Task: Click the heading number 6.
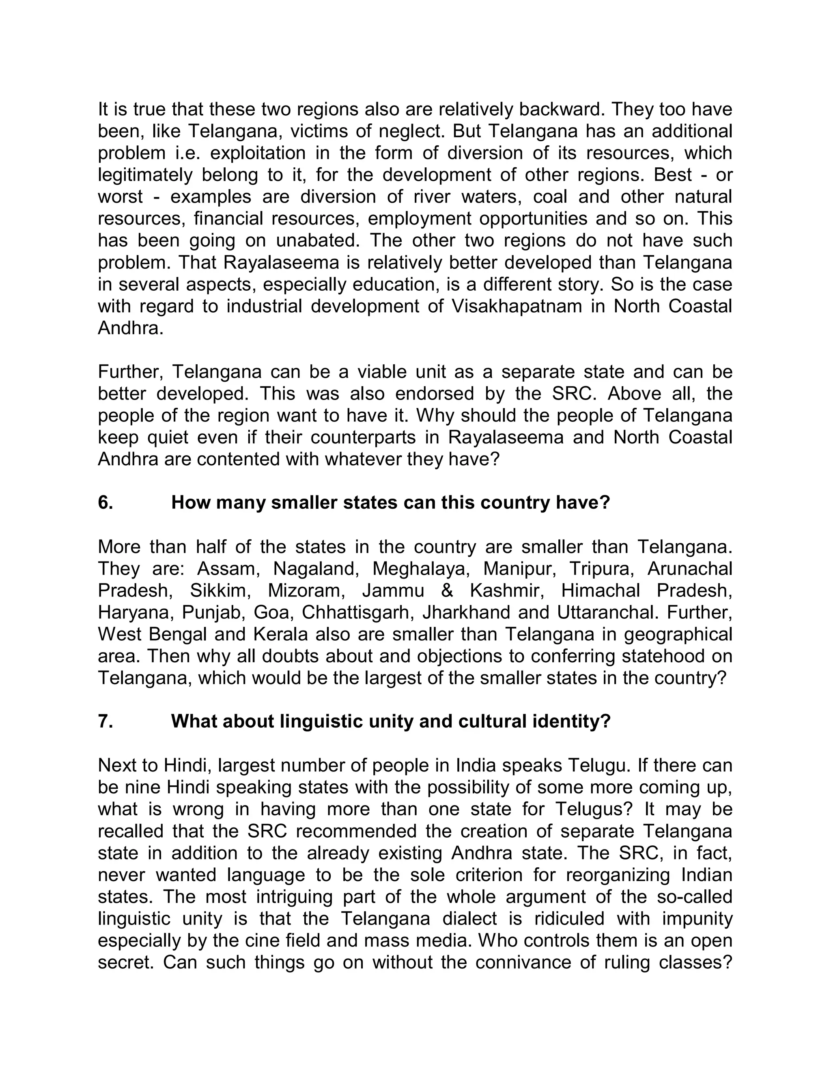coord(105,503)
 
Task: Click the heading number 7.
coord(105,721)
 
